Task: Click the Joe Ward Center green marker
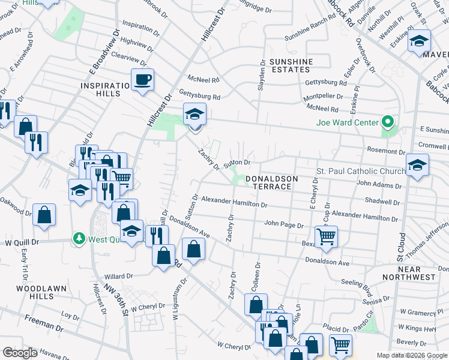coord(388,123)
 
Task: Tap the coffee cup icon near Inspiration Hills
coord(143,79)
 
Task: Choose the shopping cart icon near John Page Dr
coord(326,236)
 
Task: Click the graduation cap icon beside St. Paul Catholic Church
coord(417,164)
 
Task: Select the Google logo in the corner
coord(20,353)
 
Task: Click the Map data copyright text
coord(412,355)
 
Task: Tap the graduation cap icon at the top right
coord(419,41)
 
